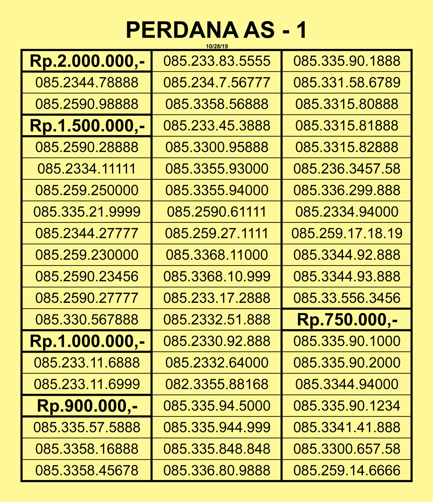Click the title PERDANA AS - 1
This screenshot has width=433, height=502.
(216, 30)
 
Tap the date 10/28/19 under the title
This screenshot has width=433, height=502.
(217, 46)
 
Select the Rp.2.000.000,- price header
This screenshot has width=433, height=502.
(87, 61)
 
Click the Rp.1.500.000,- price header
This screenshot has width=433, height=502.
(87, 125)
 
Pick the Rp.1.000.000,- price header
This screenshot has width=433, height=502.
(87, 341)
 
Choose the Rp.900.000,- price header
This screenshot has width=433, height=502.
(87, 405)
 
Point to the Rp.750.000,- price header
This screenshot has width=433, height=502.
(347, 320)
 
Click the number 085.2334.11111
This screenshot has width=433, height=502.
(87, 169)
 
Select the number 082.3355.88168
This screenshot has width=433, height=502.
(217, 384)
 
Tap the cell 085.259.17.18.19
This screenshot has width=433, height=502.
(347, 233)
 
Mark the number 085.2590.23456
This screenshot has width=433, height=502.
(87, 277)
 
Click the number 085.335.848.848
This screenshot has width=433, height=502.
(217, 449)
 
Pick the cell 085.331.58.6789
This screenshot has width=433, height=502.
(347, 83)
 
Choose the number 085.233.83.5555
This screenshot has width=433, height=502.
(217, 61)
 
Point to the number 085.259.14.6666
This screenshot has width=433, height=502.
(347, 470)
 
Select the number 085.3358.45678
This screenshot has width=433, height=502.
(87, 470)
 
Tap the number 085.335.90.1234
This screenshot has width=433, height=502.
(347, 405)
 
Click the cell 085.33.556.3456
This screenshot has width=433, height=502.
(347, 298)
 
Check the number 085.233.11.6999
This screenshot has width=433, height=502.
(87, 384)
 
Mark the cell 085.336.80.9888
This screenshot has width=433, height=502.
(217, 470)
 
